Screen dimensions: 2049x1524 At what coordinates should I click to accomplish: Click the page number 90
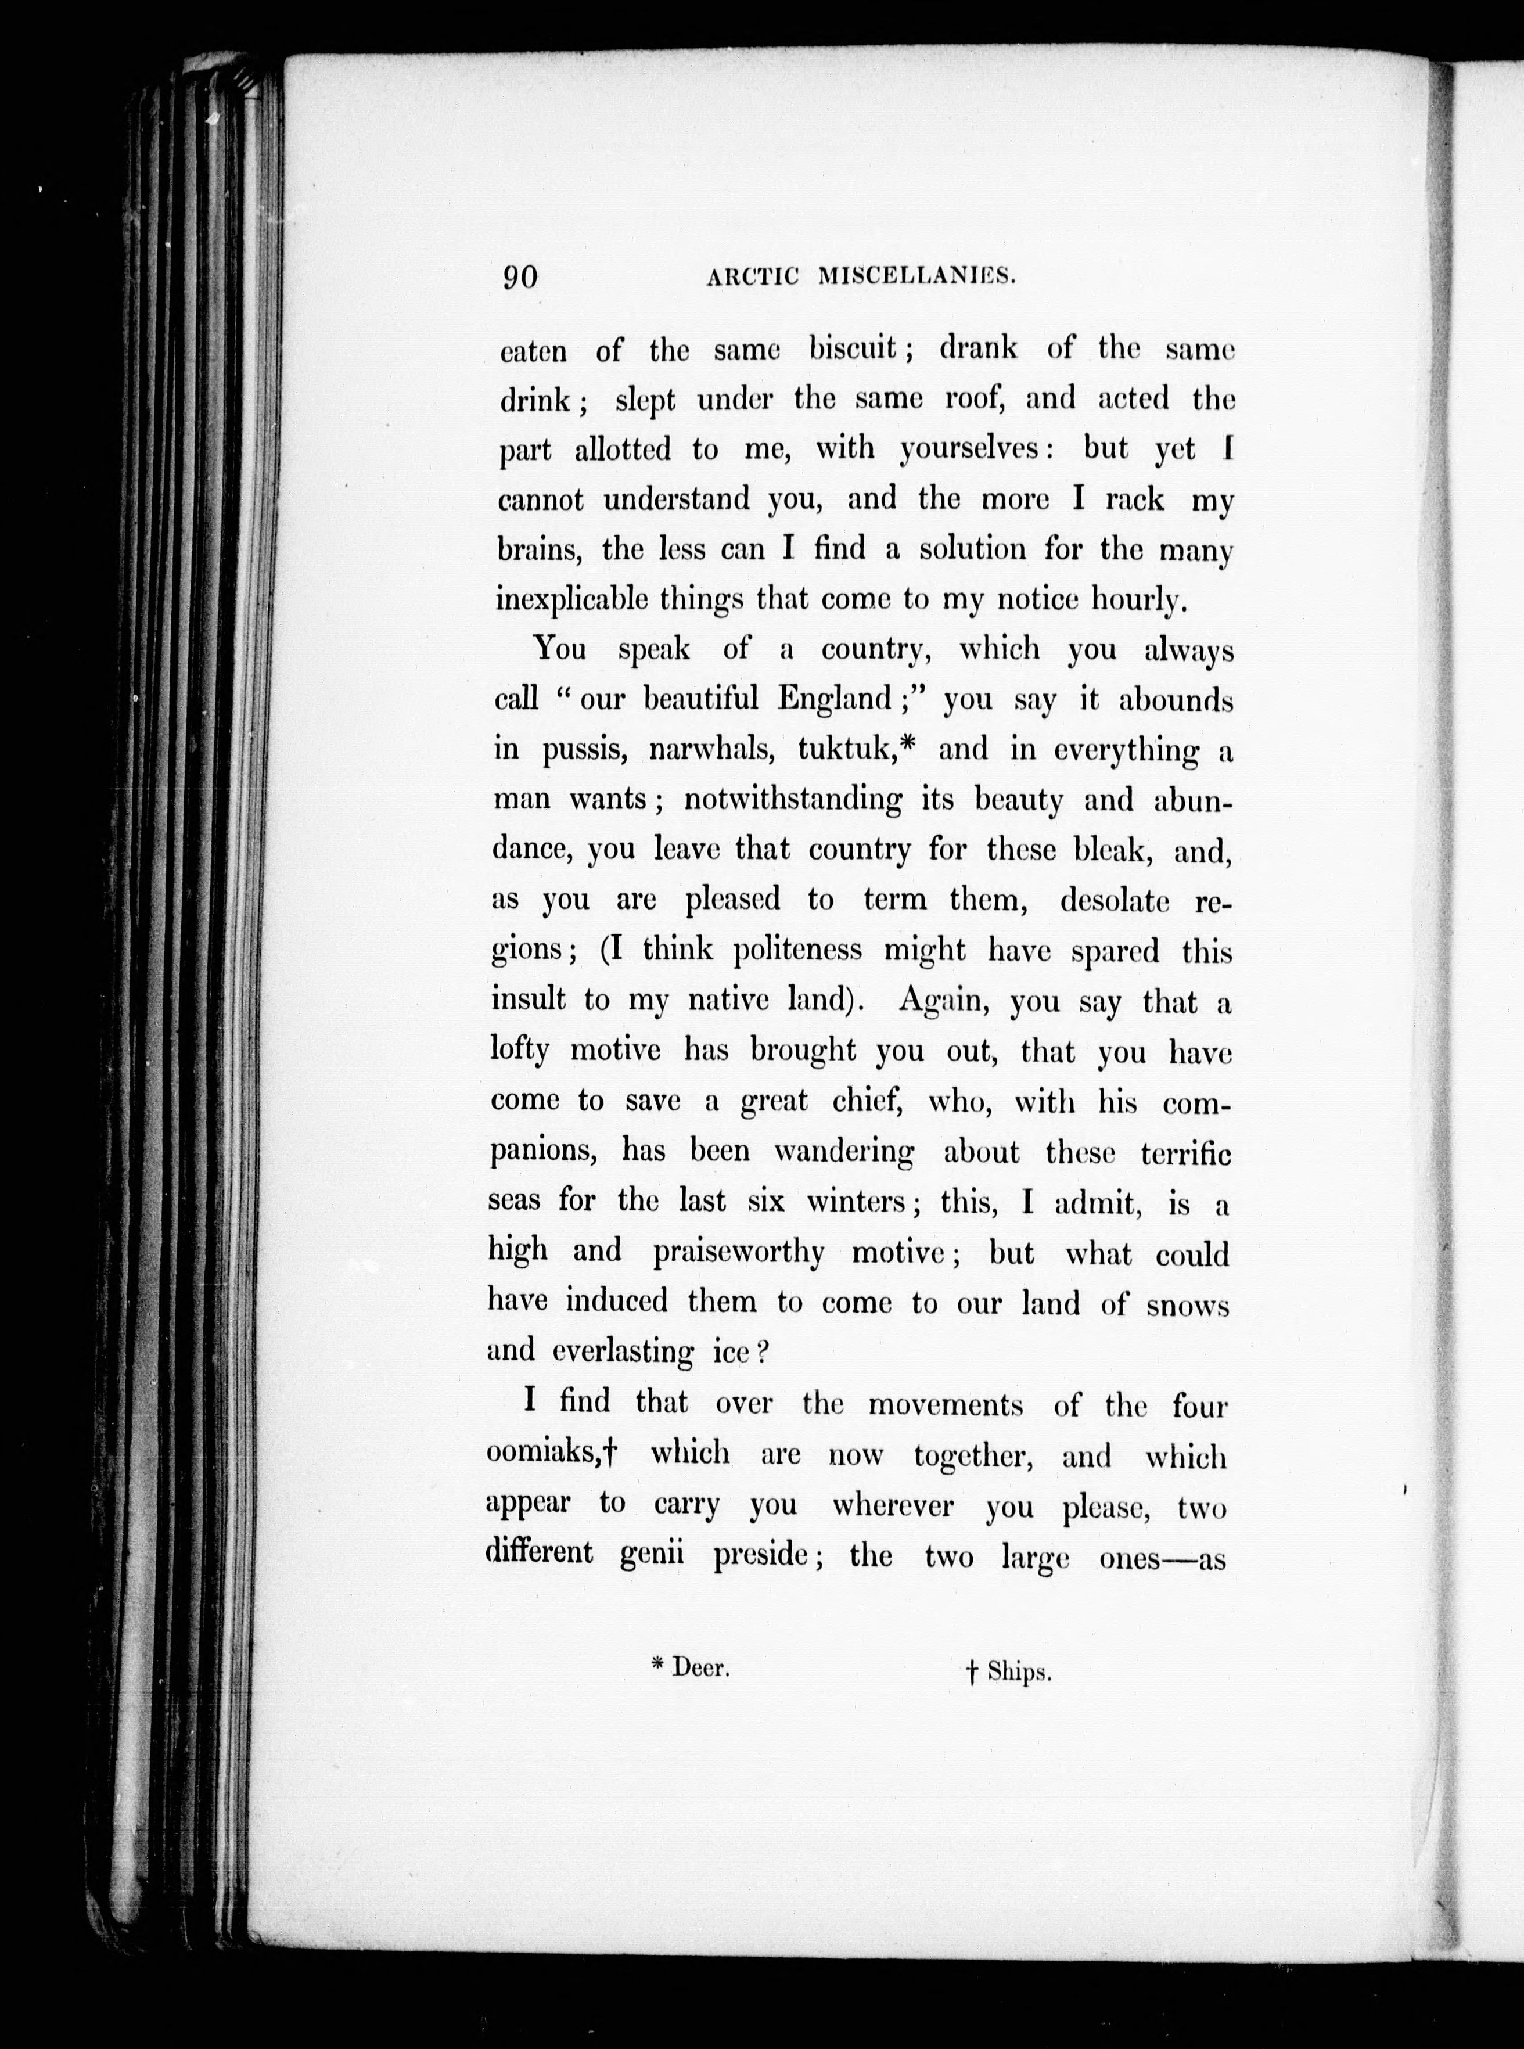520,277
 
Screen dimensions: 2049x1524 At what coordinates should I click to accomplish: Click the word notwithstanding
792,799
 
